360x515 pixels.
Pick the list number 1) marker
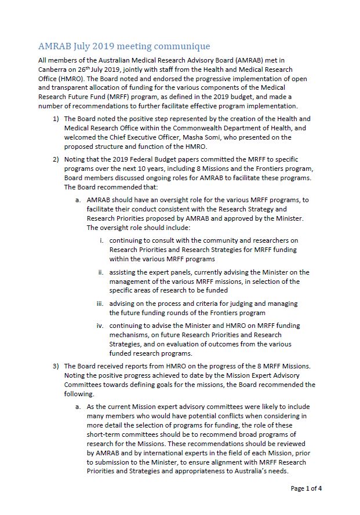pos(56,119)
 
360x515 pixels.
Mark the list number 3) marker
pos(56,366)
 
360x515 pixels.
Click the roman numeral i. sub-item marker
pos(102,240)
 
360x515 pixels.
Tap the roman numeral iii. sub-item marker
pos(100,303)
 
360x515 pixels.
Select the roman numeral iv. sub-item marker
pos(100,326)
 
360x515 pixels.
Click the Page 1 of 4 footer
pos(306,488)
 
